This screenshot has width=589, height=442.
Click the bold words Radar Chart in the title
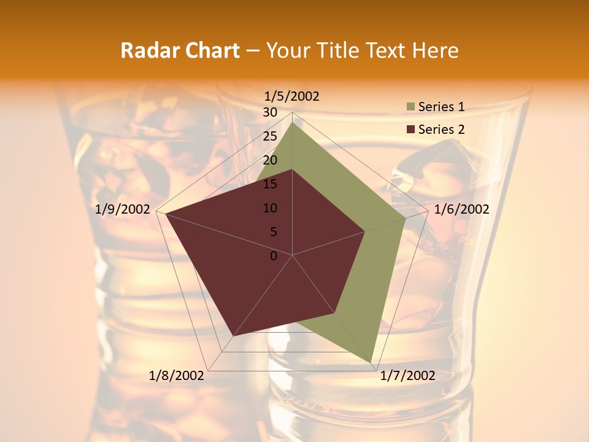click(x=180, y=50)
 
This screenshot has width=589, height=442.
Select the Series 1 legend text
click(x=441, y=107)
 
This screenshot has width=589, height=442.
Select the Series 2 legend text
click(x=441, y=130)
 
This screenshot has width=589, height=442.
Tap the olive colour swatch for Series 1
click(x=410, y=107)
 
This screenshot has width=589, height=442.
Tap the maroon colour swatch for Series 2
click(x=410, y=130)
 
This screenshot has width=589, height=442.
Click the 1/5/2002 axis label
click(x=292, y=96)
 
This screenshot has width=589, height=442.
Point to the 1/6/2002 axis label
click(x=461, y=209)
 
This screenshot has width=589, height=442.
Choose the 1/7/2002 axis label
click(x=407, y=376)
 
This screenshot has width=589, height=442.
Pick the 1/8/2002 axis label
click(x=177, y=376)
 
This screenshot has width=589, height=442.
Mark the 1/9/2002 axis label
click(x=123, y=209)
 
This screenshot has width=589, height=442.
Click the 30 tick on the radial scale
click(x=269, y=112)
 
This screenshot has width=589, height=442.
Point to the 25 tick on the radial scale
click(x=269, y=136)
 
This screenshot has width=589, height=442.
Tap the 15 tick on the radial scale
click(x=269, y=184)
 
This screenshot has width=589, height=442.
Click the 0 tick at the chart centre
click(x=274, y=256)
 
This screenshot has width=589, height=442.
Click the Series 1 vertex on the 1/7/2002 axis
click(x=371, y=362)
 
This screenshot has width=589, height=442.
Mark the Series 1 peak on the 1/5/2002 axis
click(x=293, y=122)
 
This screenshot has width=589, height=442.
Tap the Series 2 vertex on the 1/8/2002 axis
click(x=233, y=336)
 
